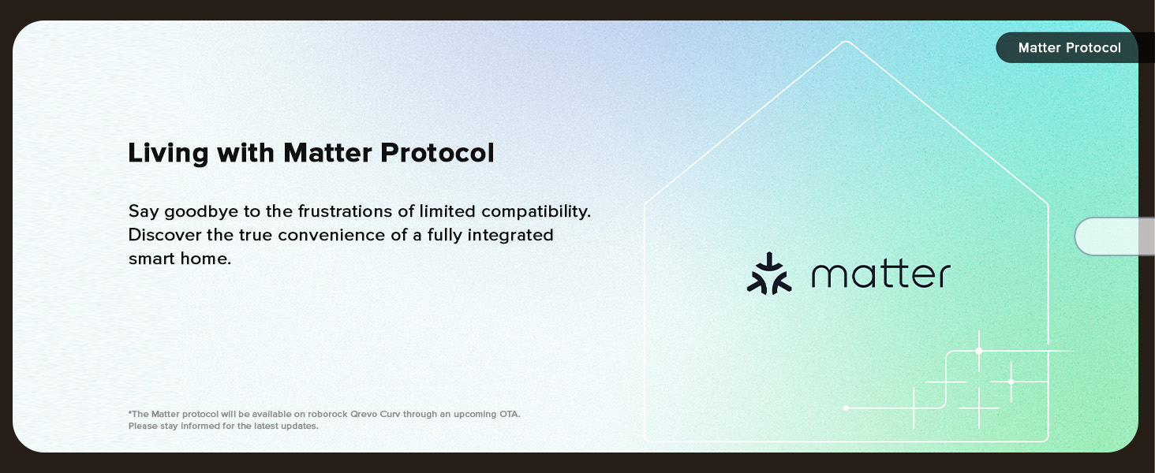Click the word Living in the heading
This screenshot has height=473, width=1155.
pos(168,154)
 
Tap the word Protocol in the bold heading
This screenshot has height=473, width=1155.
pos(437,152)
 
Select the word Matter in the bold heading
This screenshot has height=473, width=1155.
pos(327,152)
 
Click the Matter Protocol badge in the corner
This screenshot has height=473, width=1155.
pos(1069,47)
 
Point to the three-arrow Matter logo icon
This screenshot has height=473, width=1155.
pos(768,274)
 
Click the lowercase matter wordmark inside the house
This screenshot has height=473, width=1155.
pos(880,274)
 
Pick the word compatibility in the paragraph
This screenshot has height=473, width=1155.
pos(536,212)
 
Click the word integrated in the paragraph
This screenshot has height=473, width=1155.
pos(510,236)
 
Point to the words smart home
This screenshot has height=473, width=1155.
pos(179,259)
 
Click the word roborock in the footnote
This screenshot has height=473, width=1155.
pos(327,414)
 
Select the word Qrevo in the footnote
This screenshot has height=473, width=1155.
pos(363,414)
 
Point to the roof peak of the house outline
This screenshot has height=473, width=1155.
pos(847,41)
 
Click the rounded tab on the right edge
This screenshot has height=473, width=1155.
pos(1115,236)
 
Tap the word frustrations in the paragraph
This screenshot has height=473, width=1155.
pos(345,211)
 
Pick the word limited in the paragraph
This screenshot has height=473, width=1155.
pos(447,211)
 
